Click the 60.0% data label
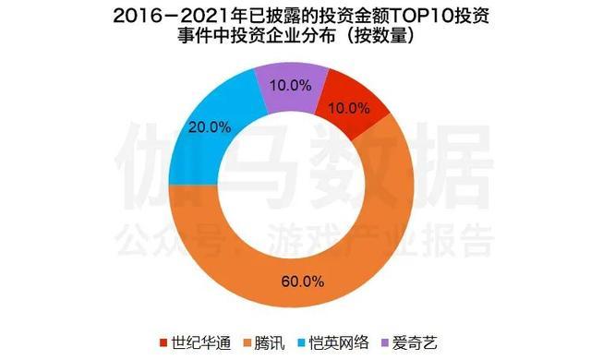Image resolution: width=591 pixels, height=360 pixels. pyautogui.click(x=303, y=282)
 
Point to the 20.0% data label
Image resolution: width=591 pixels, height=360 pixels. pyautogui.click(x=210, y=127)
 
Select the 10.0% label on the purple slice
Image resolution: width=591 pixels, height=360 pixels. pyautogui.click(x=290, y=86)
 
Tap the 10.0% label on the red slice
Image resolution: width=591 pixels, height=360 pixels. pyautogui.click(x=349, y=108)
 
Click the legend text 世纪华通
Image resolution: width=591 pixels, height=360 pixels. pyautogui.click(x=201, y=342)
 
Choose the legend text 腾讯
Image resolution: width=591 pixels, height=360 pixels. pyautogui.click(x=270, y=342)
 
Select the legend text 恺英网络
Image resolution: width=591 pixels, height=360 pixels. pyautogui.click(x=339, y=342)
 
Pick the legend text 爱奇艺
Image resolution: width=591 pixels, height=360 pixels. pyautogui.click(x=415, y=342)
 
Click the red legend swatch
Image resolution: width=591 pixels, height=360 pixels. pyautogui.click(x=163, y=343)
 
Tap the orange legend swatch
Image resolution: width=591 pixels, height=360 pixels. pyautogui.click(x=247, y=343)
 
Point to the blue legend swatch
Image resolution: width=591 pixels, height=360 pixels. pyautogui.click(x=302, y=343)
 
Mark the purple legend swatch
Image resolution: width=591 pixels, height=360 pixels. pyautogui.click(x=385, y=343)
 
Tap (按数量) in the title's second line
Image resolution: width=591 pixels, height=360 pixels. pyautogui.click(x=380, y=37)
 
